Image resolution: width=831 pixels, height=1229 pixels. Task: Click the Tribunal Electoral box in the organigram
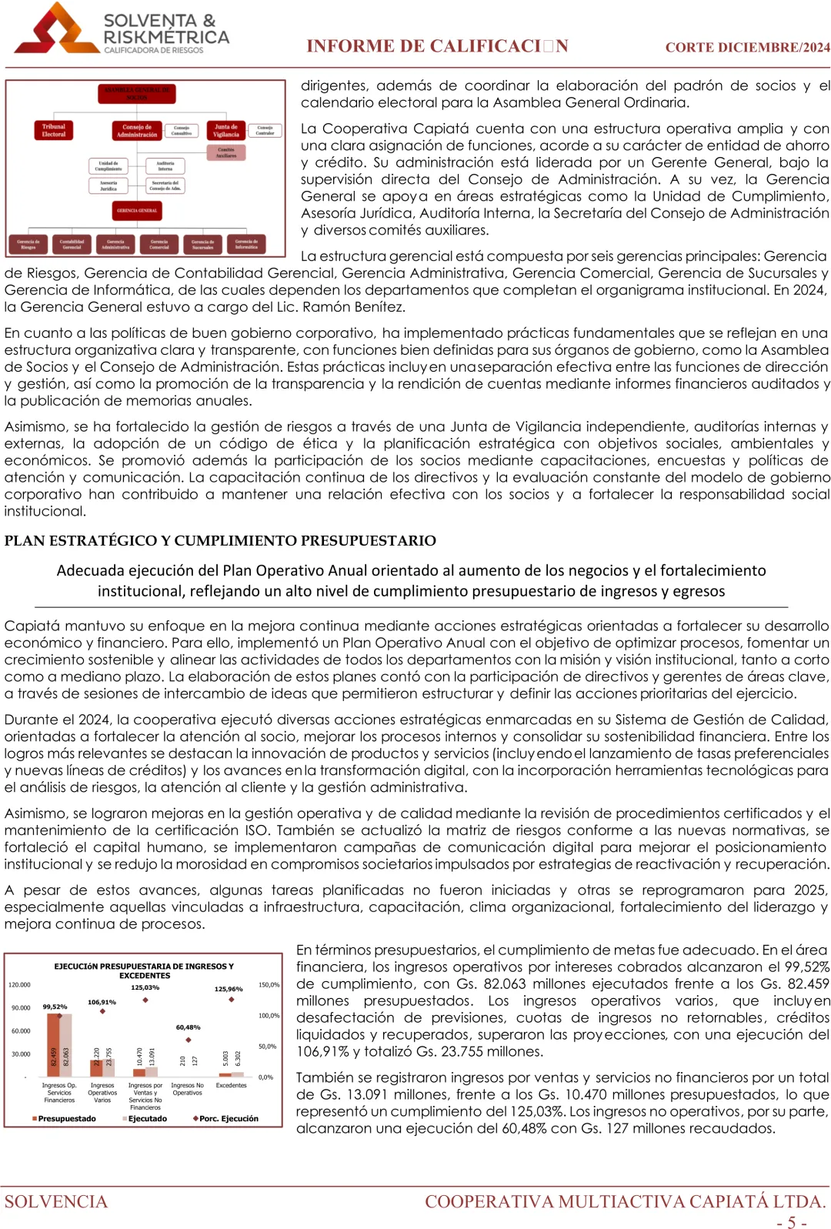click(54, 131)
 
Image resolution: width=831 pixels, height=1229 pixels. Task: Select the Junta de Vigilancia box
click(226, 131)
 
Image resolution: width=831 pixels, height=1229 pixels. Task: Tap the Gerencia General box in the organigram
click(137, 210)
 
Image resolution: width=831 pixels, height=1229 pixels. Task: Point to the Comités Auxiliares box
click(226, 152)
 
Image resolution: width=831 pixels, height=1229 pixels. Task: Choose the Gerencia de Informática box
click(246, 244)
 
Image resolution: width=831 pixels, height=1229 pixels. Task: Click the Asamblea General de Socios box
click(137, 94)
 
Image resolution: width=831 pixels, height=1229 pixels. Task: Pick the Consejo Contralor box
click(265, 130)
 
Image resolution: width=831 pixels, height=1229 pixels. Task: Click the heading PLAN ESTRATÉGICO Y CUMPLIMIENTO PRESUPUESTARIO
click(220, 541)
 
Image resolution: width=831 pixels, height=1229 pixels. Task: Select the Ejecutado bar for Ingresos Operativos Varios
click(108, 1062)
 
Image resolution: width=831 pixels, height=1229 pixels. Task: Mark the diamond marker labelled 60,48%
click(189, 1040)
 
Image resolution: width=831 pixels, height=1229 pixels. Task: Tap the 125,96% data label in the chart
click(229, 989)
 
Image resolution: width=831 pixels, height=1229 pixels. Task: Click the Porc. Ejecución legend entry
click(225, 1119)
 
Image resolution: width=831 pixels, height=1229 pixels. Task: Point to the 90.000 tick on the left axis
click(21, 1008)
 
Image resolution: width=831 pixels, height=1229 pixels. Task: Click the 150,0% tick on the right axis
click(269, 985)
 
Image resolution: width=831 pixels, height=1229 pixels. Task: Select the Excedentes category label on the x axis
click(231, 1086)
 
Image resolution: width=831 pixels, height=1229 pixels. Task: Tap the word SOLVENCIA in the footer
click(56, 1201)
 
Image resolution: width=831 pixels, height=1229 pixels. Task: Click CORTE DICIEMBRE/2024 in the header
click(747, 48)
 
